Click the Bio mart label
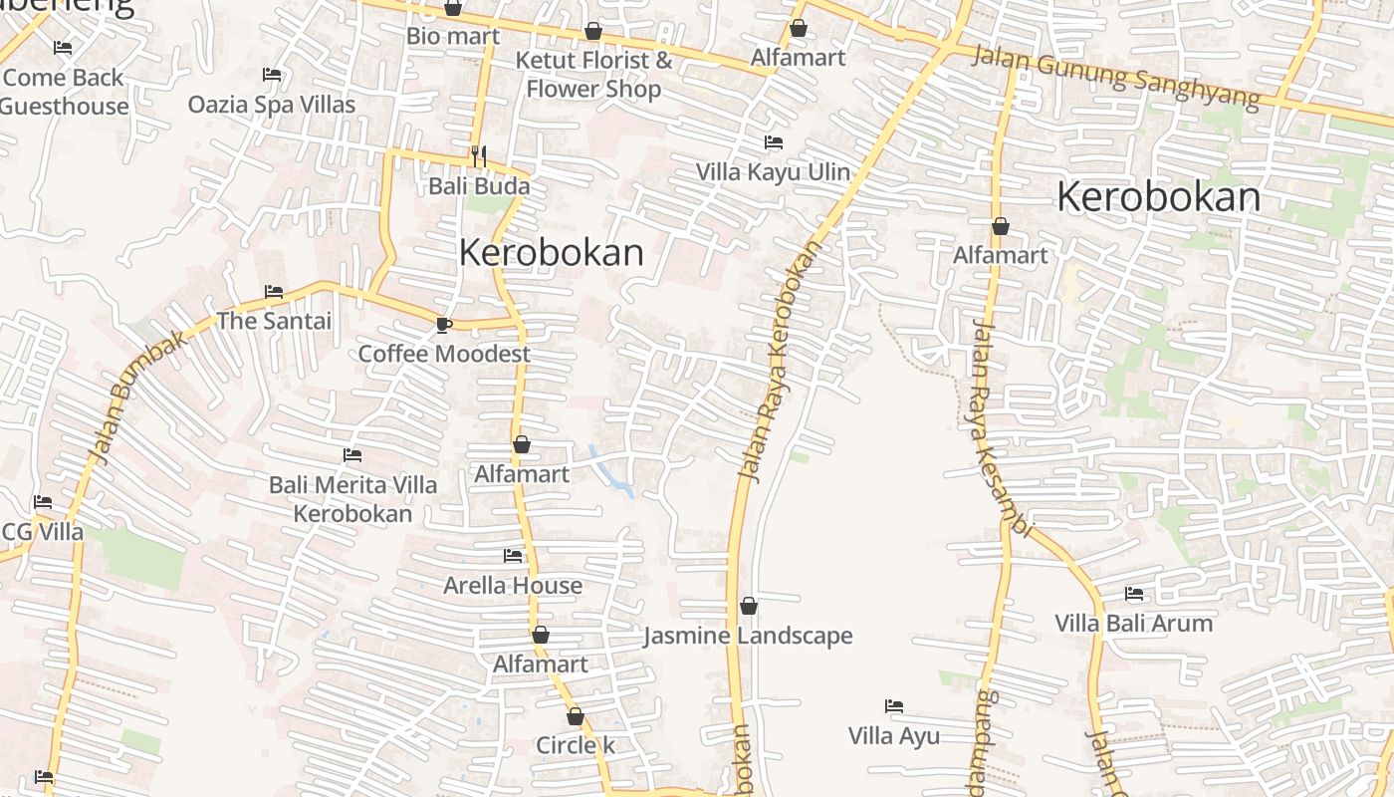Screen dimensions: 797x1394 (x=452, y=36)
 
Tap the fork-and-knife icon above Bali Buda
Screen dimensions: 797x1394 (x=479, y=155)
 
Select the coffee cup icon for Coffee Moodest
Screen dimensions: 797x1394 (x=443, y=325)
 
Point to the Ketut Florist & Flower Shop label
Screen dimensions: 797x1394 (x=593, y=75)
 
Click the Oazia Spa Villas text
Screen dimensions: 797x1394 (x=272, y=105)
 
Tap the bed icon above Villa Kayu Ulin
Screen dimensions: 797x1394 (x=773, y=142)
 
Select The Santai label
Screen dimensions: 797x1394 (x=274, y=321)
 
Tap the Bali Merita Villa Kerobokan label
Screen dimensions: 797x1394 (x=352, y=499)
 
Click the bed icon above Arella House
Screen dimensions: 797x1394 (x=513, y=555)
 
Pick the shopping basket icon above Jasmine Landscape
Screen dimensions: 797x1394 (x=749, y=606)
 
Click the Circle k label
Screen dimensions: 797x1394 (x=576, y=745)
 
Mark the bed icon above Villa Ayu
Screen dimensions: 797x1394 (x=894, y=706)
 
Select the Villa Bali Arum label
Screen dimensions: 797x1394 (x=1134, y=624)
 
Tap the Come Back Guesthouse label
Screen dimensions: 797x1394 (x=65, y=92)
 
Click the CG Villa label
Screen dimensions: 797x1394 (x=43, y=532)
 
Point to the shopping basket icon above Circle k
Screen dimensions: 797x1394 (x=576, y=716)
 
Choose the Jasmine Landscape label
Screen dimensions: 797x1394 (x=748, y=636)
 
